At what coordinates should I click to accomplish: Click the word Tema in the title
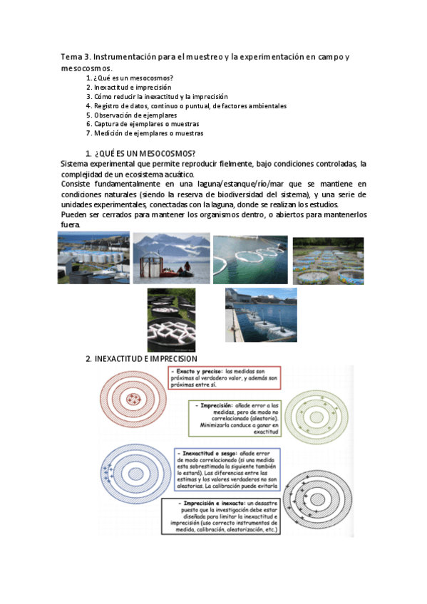pos(71,56)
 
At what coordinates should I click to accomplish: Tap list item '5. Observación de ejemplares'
pos(131,115)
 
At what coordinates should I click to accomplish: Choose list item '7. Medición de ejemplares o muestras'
pos(144,133)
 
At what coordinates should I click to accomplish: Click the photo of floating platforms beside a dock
pos(261,314)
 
